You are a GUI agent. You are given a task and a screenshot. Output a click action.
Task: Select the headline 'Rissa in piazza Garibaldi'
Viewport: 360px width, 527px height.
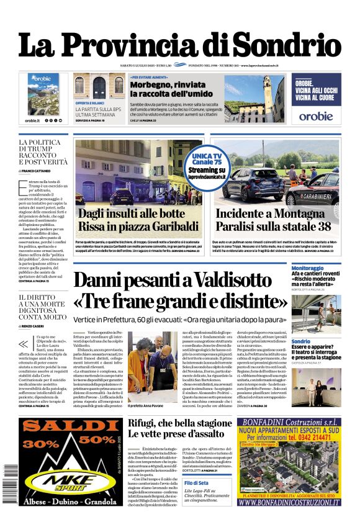pos(135,227)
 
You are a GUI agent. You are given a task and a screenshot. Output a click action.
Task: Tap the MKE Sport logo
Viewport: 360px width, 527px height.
pos(74,479)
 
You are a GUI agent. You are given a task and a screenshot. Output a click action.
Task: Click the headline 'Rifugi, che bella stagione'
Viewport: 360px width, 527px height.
pos(179,424)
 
